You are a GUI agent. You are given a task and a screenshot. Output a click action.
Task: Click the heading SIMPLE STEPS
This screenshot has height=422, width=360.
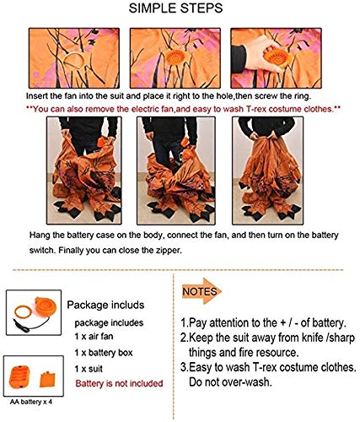[175, 8]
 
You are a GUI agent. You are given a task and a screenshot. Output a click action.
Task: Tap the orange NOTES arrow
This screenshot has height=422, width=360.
[201, 291]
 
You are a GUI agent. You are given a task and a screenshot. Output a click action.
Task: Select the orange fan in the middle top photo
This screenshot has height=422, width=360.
[175, 57]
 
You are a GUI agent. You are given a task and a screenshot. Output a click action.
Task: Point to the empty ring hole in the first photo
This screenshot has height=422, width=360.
[74, 60]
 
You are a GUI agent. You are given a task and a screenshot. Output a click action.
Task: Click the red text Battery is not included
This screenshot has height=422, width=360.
[119, 383]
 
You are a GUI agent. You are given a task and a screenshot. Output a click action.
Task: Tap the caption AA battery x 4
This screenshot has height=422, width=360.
[31, 402]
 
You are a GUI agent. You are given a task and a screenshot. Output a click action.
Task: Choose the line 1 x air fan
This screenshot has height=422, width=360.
[94, 336]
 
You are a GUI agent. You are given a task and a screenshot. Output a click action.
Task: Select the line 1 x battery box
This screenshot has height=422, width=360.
[104, 353]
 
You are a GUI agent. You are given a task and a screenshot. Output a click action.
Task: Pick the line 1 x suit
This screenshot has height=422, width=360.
[89, 369]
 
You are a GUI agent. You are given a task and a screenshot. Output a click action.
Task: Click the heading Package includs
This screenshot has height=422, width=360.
[105, 305]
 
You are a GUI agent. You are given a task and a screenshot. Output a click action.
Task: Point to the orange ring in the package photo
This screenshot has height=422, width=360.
[23, 312]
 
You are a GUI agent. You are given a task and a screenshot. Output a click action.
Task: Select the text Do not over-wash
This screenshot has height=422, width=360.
[230, 381]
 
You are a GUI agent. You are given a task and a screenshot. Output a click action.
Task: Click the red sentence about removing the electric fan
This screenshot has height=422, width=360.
[183, 109]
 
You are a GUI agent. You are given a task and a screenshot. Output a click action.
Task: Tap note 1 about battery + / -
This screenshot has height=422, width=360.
[263, 322]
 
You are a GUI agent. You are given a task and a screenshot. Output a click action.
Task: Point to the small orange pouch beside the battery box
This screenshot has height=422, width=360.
[47, 379]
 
